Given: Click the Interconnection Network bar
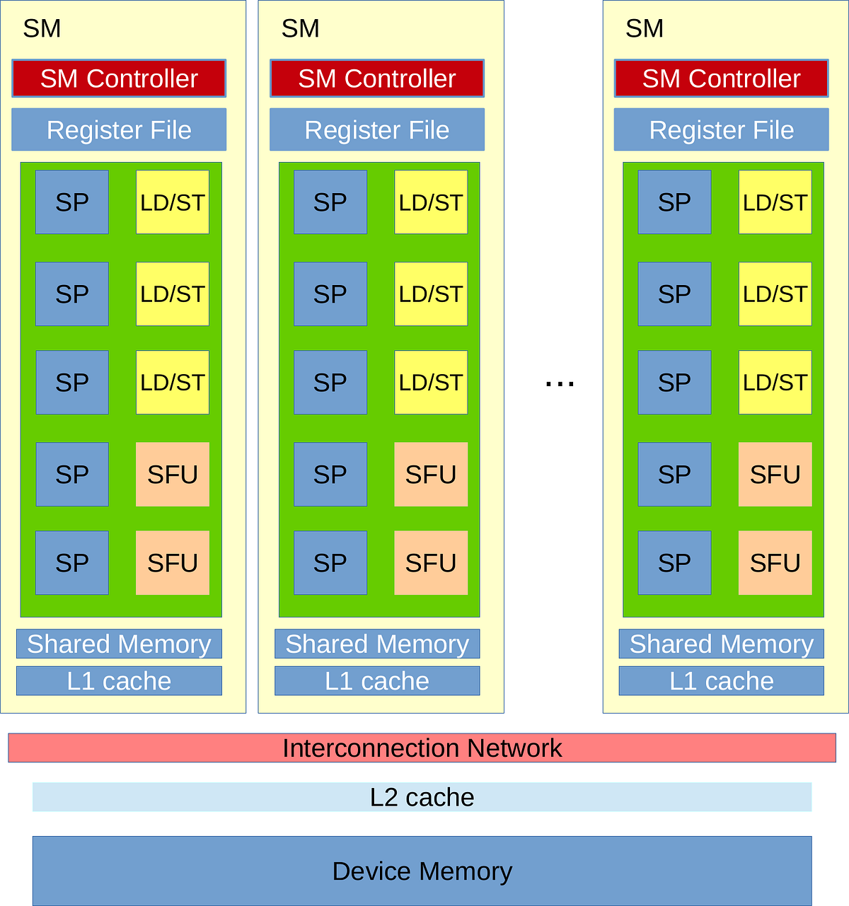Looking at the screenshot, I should tap(422, 748).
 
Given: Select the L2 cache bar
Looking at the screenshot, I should tap(422, 797).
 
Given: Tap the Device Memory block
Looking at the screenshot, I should tap(422, 871).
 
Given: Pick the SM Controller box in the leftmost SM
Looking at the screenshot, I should tap(119, 79).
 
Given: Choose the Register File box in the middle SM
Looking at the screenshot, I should tap(377, 129).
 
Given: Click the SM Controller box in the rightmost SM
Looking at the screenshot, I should tap(721, 79).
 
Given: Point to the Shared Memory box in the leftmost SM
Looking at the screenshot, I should tap(119, 644).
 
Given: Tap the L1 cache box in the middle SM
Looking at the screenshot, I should tap(377, 680).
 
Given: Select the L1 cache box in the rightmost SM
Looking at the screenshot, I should tap(721, 680).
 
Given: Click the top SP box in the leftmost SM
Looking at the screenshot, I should tap(72, 202).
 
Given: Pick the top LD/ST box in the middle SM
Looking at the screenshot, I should tap(431, 202).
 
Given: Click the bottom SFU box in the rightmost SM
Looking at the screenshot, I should tap(775, 563).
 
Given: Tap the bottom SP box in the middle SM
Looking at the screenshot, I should tap(330, 563).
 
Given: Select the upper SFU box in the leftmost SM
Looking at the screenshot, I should tap(173, 475).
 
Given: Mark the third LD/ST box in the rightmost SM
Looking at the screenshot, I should tap(775, 383).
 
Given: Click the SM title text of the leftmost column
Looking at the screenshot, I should tap(42, 28).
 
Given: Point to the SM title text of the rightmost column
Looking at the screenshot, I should tap(645, 28).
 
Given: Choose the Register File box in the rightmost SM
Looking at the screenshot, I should tap(721, 129).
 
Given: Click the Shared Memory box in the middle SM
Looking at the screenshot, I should tap(377, 644).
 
